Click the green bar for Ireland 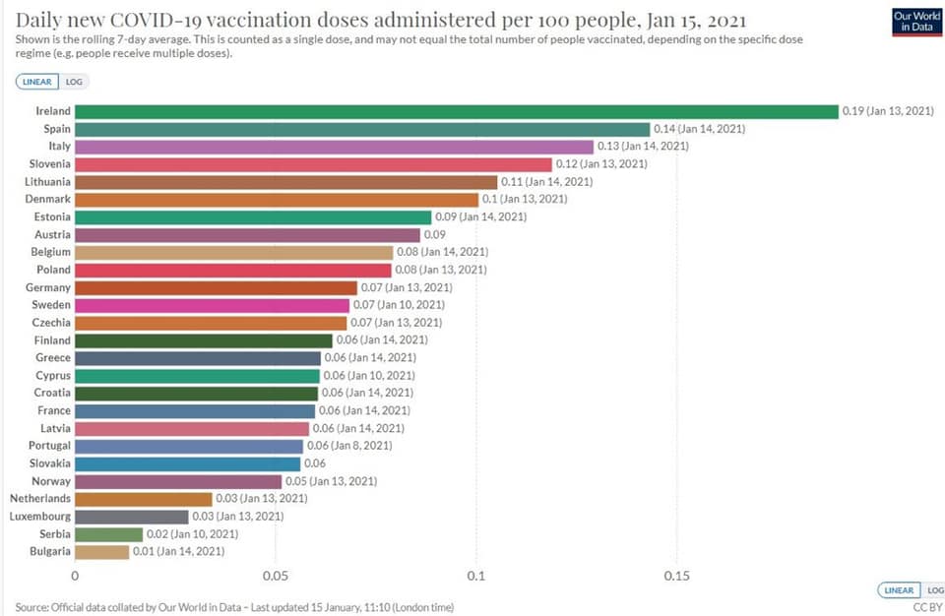[x=456, y=111]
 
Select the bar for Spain [x=362, y=129]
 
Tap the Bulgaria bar [x=101, y=552]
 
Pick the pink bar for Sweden [x=212, y=305]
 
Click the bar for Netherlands [x=143, y=499]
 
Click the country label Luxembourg [x=40, y=517]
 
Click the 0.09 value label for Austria [x=434, y=235]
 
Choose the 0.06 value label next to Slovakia [x=315, y=463]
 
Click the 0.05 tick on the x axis [x=276, y=576]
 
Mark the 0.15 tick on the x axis [x=676, y=576]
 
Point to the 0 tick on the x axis [x=75, y=576]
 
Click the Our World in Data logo [x=915, y=22]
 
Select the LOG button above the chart [x=74, y=83]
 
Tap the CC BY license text [x=927, y=607]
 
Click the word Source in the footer [x=33, y=607]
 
